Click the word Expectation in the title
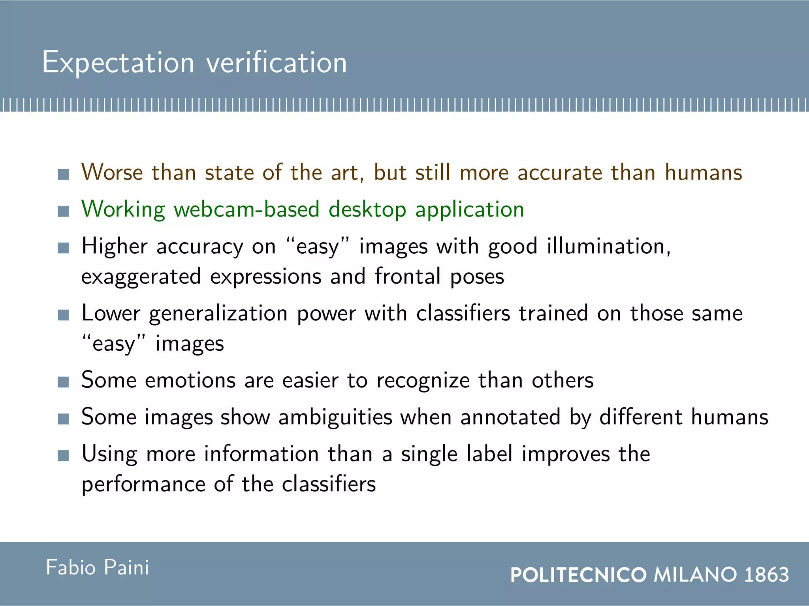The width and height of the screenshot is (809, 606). click(118, 63)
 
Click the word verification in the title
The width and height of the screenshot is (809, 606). click(277, 63)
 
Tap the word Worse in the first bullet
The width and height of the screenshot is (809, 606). click(112, 172)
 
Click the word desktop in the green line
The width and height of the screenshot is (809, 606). click(367, 210)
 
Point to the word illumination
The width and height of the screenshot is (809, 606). click(608, 246)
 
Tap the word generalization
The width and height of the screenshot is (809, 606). click(218, 314)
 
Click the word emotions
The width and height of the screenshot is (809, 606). click(190, 380)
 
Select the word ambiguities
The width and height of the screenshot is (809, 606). click(335, 417)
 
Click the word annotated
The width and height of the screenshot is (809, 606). click(510, 417)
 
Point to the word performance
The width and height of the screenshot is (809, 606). click(144, 484)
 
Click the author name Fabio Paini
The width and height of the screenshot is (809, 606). click(98, 568)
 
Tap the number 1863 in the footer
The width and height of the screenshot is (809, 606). click(766, 574)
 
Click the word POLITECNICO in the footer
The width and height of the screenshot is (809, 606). click(578, 574)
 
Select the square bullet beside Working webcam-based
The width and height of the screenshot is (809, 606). click(63, 211)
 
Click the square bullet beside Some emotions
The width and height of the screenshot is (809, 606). click(63, 382)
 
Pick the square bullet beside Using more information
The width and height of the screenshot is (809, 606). click(63, 456)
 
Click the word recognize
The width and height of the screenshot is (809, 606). click(423, 381)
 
